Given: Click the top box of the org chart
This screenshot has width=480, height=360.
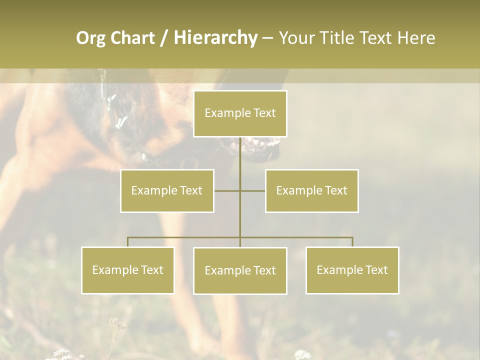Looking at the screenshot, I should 240,113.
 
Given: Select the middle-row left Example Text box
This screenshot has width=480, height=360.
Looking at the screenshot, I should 167,190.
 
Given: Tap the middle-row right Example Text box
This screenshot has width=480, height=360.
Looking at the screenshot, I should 311,190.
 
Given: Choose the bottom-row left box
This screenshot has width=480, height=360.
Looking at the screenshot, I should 127,270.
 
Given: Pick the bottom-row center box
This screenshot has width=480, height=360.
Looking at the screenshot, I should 240,270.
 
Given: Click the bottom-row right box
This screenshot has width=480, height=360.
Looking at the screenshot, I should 352,270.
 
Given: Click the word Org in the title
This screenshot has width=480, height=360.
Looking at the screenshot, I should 90,38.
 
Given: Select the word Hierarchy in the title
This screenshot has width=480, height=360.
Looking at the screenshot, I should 215,38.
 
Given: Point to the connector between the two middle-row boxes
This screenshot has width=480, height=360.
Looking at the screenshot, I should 240,190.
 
